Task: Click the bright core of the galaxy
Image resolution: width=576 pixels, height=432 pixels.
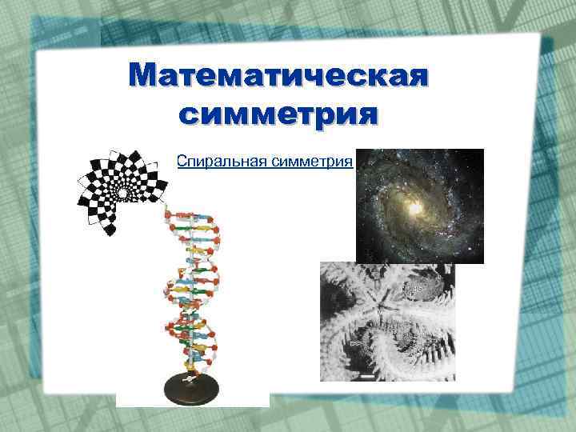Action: pyautogui.click(x=415, y=208)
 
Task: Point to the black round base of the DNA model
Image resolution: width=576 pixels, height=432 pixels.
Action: pyautogui.click(x=191, y=390)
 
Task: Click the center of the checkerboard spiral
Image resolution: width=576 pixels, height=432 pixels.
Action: pyautogui.click(x=122, y=193)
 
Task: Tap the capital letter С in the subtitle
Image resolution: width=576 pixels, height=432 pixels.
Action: pyautogui.click(x=182, y=162)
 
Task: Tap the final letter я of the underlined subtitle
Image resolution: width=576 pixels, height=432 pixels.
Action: pyautogui.click(x=349, y=162)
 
